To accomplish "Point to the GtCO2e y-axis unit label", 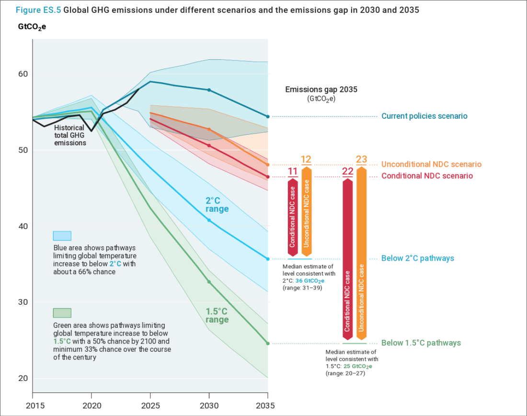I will pos(32,26).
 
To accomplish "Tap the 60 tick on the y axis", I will pos(23,74).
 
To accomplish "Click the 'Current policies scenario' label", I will pos(424,116).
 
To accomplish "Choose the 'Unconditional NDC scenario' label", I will pos(431,164).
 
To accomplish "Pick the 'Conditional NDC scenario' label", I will pos(427,176).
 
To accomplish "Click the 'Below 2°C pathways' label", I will pos(417,258).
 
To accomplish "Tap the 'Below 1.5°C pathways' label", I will pos(421,343).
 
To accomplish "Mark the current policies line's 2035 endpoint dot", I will pos(268,116).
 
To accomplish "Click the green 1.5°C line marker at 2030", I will pos(209,282).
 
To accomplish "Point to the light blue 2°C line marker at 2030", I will pos(209,220).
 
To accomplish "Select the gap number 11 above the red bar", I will pos(293,172).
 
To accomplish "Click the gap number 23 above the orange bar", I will pos(362,160).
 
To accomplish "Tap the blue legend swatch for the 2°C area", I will pos(62,236).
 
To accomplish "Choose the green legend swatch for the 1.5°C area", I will pos(62,313).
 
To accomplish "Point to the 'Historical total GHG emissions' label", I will pos(70,136).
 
